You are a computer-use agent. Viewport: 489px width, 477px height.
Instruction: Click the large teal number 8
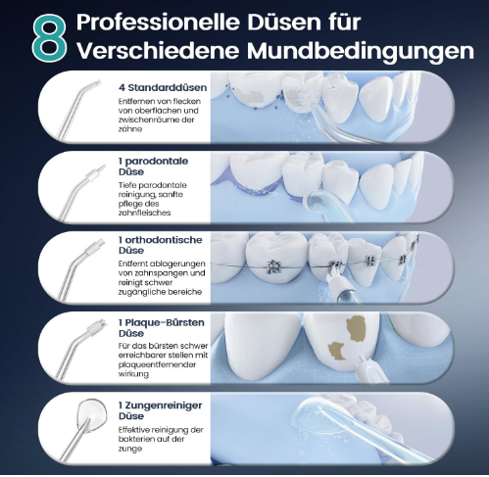click(50, 38)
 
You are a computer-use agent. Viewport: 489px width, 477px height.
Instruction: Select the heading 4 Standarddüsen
click(163, 87)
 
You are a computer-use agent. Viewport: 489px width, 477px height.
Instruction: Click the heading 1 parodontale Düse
click(153, 167)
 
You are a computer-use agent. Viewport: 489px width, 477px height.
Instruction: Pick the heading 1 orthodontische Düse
click(160, 245)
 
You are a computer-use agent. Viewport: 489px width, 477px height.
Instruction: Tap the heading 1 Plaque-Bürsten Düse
click(162, 328)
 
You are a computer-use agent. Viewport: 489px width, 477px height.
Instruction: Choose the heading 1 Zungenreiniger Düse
click(160, 410)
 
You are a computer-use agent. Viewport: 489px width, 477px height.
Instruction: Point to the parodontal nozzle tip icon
click(96, 172)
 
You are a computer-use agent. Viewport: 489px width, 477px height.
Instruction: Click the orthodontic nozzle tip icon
click(95, 247)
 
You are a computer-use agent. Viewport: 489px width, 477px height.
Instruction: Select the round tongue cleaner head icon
click(92, 414)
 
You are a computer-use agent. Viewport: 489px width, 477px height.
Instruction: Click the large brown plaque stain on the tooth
click(357, 329)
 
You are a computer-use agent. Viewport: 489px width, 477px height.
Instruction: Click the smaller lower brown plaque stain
click(337, 351)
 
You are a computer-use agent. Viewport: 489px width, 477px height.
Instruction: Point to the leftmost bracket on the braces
click(273, 266)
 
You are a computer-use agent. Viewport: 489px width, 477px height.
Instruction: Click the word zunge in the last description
click(130, 450)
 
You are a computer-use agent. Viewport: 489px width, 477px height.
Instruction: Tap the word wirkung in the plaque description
click(133, 374)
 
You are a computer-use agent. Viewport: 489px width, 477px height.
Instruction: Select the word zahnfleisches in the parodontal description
click(144, 213)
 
